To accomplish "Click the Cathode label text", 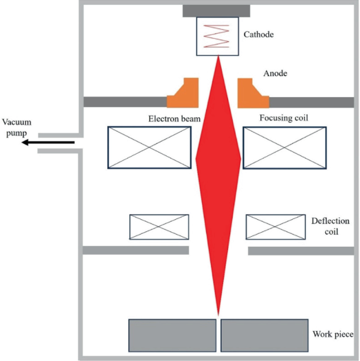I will (259, 35).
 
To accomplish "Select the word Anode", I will (275, 74).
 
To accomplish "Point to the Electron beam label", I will (174, 119).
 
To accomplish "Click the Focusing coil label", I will (284, 118).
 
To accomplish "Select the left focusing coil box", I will (149, 147).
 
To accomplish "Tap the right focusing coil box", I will (284, 147).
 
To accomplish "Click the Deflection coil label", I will (330, 225).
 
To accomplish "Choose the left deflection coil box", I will (159, 226).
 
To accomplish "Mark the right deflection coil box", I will (275, 226).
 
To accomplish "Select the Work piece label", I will (333, 334).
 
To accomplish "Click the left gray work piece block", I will (172, 335).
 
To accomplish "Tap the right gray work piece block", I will (264, 335).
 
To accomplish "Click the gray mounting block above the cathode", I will (216, 11).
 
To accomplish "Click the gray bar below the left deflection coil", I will (136, 250).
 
